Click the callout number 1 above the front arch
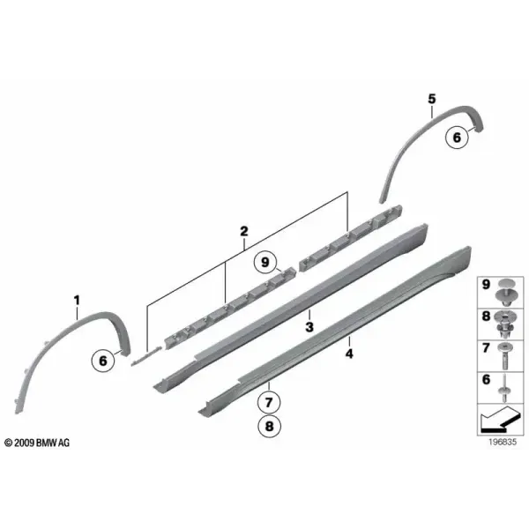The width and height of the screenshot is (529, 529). coord(77,300)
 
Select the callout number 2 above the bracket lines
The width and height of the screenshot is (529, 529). coord(244,231)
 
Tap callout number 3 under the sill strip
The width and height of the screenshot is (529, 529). coord(309,326)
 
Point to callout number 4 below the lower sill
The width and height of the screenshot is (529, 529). coord(349,354)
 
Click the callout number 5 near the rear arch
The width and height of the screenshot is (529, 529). coord(432,99)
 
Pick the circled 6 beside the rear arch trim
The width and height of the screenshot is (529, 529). coord(457,138)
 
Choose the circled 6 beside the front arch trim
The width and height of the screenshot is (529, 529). coord(103,361)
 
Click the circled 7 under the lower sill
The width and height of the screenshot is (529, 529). coord(269,402)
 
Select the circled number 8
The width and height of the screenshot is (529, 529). coord(269,426)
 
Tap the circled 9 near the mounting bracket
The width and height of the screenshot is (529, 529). coord(265,262)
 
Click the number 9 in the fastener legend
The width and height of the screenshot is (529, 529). coord(486,285)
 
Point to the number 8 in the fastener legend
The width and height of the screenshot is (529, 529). coord(486,317)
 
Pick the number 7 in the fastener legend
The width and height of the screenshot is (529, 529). coord(486,348)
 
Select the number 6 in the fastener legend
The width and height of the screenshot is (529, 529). coord(486,379)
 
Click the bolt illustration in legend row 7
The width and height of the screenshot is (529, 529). coord(505,355)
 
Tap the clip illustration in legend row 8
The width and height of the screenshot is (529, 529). coord(505,324)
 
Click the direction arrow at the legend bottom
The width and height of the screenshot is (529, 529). coord(500,420)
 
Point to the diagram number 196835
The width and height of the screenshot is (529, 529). coord(503,442)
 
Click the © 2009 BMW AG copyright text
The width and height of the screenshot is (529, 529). coord(37,443)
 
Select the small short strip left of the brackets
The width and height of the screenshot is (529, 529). coord(146,356)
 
